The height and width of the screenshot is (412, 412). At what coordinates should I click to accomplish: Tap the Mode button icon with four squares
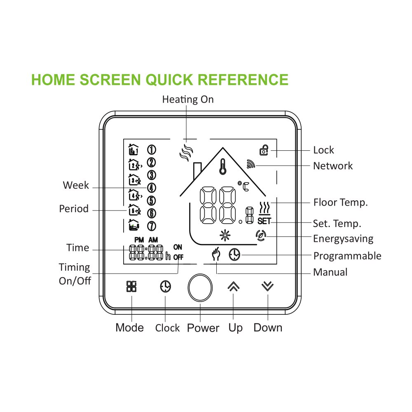tap(131, 286)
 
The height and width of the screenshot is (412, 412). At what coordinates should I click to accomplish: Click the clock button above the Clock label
tap(165, 286)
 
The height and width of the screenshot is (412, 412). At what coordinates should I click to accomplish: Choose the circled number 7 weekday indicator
tap(151, 226)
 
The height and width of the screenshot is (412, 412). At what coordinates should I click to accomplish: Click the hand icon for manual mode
tap(215, 255)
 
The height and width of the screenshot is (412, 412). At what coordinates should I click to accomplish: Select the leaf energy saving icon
tap(261, 236)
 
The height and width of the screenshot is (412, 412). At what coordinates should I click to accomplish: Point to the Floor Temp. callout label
tap(340, 202)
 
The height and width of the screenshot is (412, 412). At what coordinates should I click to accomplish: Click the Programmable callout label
tap(347, 256)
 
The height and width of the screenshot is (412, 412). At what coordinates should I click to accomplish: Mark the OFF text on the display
tap(178, 257)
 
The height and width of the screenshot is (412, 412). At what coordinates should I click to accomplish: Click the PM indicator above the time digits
tap(139, 240)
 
